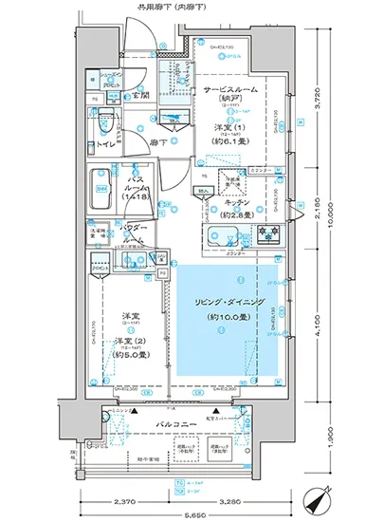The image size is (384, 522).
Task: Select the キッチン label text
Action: pos(236,203)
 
